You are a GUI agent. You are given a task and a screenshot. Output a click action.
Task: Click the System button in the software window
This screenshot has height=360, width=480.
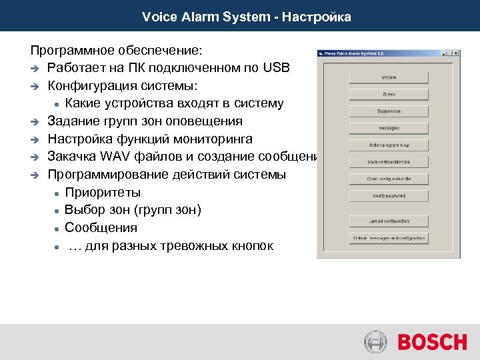(x=388, y=77)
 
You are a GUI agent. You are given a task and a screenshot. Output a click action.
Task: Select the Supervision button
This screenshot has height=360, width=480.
(x=388, y=111)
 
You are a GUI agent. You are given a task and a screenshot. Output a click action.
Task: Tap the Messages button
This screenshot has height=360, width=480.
(x=388, y=128)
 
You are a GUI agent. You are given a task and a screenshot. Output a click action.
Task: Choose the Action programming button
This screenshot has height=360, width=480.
(x=388, y=145)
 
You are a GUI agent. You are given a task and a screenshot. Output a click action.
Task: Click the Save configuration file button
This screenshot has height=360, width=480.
(x=388, y=162)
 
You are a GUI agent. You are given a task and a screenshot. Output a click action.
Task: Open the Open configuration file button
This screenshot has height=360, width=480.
(x=388, y=179)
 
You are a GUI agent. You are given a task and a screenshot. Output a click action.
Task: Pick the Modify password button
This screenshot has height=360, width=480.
(x=388, y=196)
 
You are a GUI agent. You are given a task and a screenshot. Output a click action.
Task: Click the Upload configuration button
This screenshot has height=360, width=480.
(x=388, y=221)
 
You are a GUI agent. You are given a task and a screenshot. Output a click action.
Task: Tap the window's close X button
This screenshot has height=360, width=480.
(x=457, y=53)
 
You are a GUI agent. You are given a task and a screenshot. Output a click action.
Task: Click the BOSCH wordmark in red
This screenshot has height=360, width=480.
(x=432, y=343)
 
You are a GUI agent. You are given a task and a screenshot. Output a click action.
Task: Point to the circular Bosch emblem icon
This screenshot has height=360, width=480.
(x=375, y=343)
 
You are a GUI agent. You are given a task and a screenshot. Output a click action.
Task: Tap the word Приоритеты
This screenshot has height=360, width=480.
(x=103, y=193)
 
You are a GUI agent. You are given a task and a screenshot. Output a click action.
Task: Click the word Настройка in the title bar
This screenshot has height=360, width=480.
(x=316, y=17)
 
